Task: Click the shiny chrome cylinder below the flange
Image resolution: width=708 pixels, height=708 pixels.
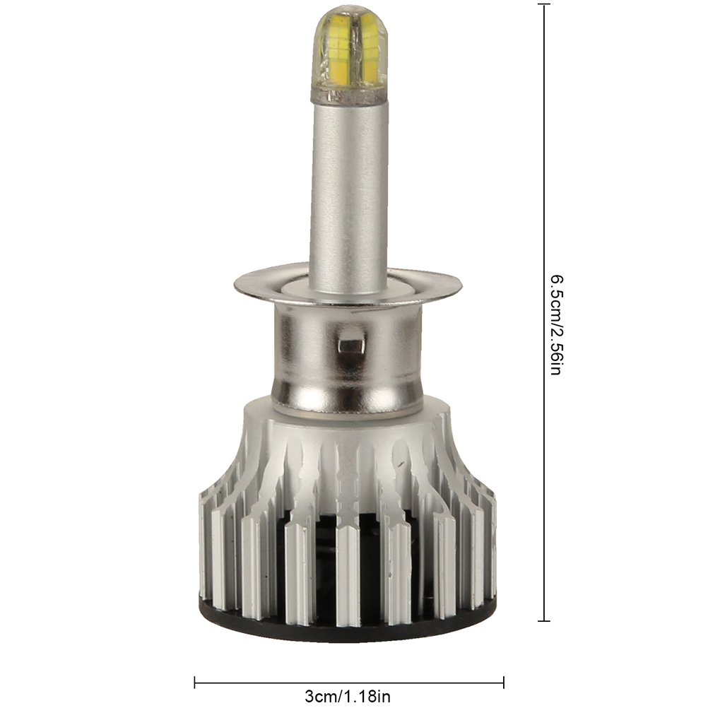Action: [x=348, y=357]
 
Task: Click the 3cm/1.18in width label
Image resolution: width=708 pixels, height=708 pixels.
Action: [x=347, y=696]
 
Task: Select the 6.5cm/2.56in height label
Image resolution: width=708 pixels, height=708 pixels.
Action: [x=556, y=325]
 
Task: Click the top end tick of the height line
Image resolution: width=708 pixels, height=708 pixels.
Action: [x=543, y=4]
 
